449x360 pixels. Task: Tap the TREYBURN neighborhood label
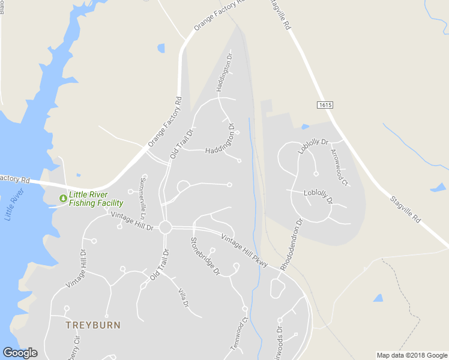point(93,325)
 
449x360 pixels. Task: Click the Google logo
point(20,353)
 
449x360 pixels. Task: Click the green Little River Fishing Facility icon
point(62,198)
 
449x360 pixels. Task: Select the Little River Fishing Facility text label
point(96,199)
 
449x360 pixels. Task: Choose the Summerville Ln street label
point(143,197)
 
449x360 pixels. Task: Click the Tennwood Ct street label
point(239,335)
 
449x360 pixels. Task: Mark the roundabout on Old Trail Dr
point(166,228)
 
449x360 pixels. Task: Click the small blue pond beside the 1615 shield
point(306,127)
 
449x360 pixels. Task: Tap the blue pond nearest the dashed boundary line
point(378,298)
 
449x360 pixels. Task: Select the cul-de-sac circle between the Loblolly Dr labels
point(316,173)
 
